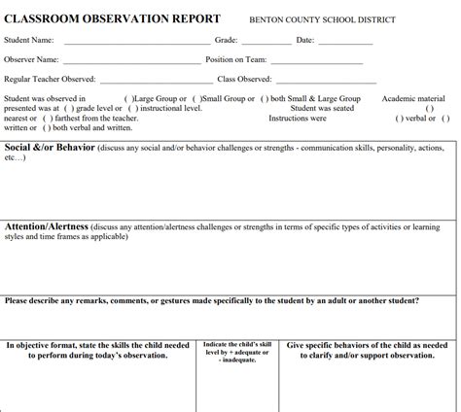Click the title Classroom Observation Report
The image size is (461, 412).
(112, 19)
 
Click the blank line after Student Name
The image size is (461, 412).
(136, 43)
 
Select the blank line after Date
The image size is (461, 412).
(346, 43)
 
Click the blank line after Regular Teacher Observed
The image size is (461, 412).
(156, 81)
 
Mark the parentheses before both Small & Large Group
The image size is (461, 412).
(266, 99)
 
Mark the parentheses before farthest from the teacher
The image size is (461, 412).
(39, 118)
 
